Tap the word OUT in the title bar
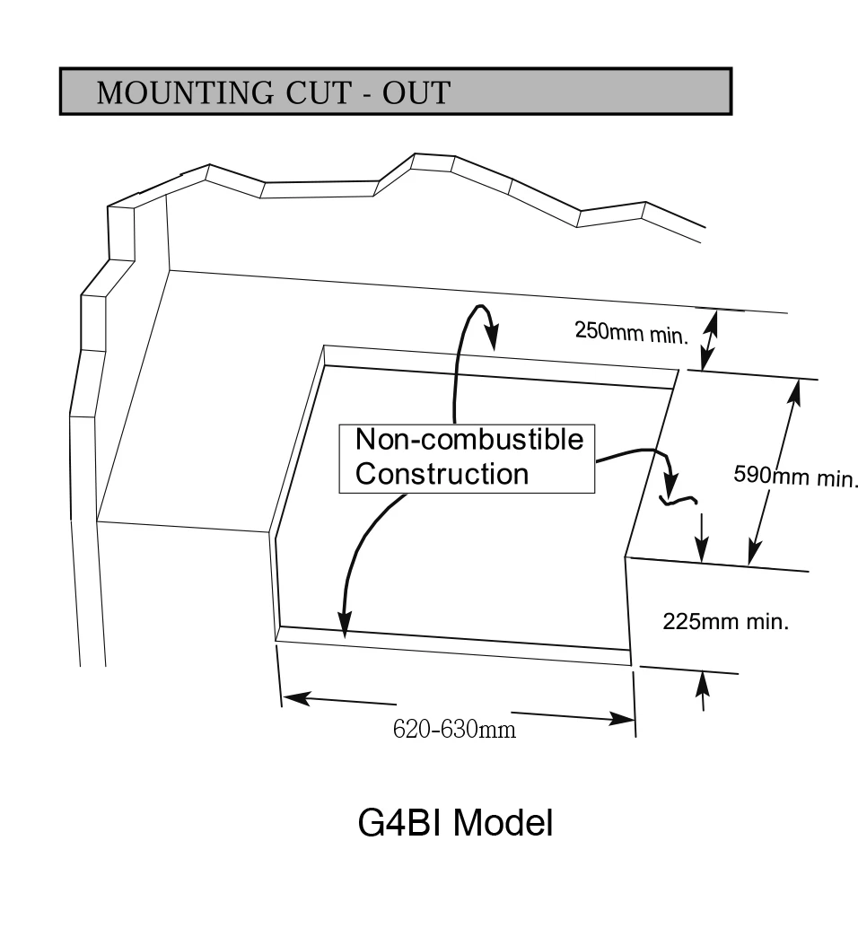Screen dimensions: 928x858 tap(416, 92)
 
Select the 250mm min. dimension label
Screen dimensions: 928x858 tap(632, 332)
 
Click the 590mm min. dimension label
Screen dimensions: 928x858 tap(795, 476)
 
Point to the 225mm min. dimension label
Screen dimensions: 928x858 tap(726, 621)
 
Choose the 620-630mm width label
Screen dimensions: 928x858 tap(454, 729)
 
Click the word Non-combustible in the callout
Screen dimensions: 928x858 tap(468, 440)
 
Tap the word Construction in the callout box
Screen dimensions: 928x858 tap(442, 474)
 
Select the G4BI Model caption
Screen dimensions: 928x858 tap(455, 822)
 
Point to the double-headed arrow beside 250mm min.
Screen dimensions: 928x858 tap(709, 339)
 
